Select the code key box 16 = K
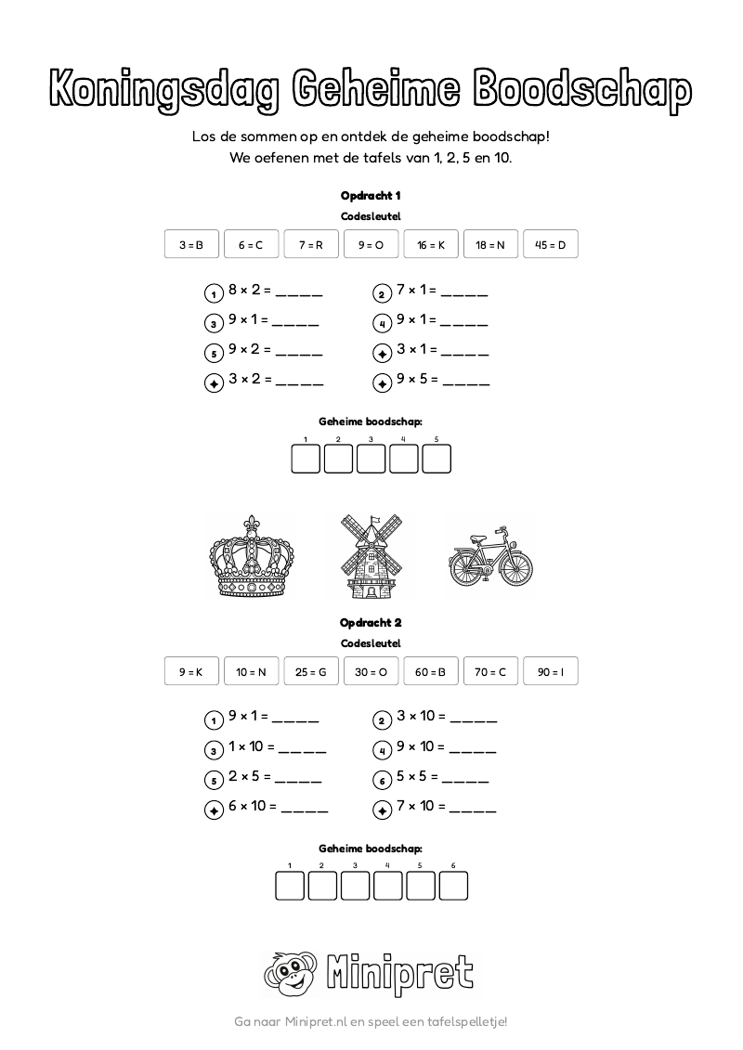431,245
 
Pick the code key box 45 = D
551,245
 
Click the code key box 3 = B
191,245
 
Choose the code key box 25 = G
311,671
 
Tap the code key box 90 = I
551,671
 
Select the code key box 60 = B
431,671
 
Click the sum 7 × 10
422,806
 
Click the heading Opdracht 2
371,623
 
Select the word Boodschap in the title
583,90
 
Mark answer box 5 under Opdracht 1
437,459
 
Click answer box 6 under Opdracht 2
453,886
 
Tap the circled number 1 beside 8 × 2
214,294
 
